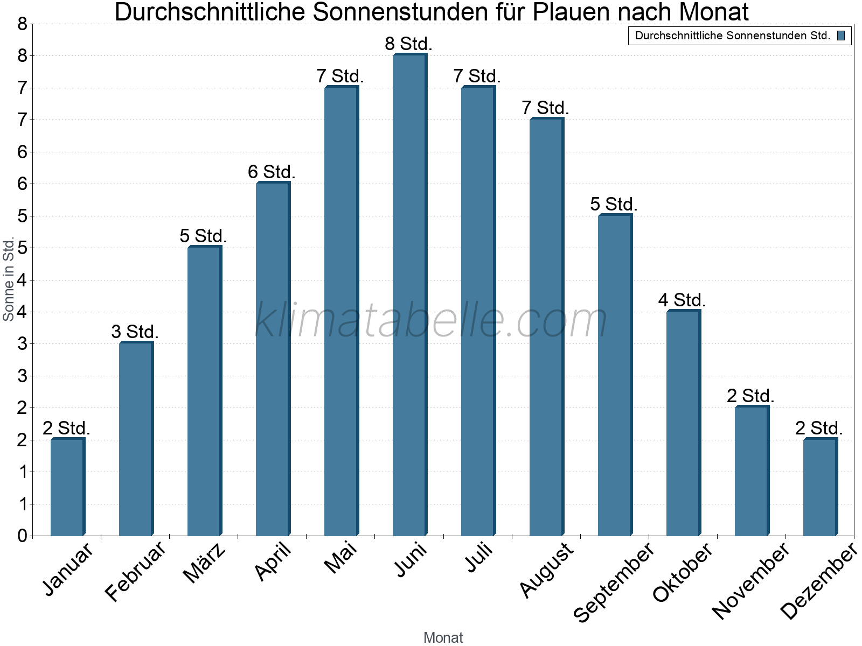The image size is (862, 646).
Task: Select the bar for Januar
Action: (67, 487)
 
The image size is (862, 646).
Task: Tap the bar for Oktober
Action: (683, 423)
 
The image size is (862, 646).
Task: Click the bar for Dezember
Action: (820, 487)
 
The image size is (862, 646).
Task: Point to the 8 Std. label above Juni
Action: (408, 44)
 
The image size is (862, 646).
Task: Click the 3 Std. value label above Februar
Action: (135, 332)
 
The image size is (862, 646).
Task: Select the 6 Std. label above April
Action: (272, 172)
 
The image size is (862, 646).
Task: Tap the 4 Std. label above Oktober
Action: (682, 300)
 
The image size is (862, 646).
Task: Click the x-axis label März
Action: (204, 563)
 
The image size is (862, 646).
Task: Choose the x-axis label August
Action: (546, 570)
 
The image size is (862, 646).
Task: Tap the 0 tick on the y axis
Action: (22, 536)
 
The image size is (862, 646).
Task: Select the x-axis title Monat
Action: (443, 637)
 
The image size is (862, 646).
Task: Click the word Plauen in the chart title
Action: (576, 12)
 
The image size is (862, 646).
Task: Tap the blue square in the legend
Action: (841, 36)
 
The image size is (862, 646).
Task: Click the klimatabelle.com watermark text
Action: (431, 320)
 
